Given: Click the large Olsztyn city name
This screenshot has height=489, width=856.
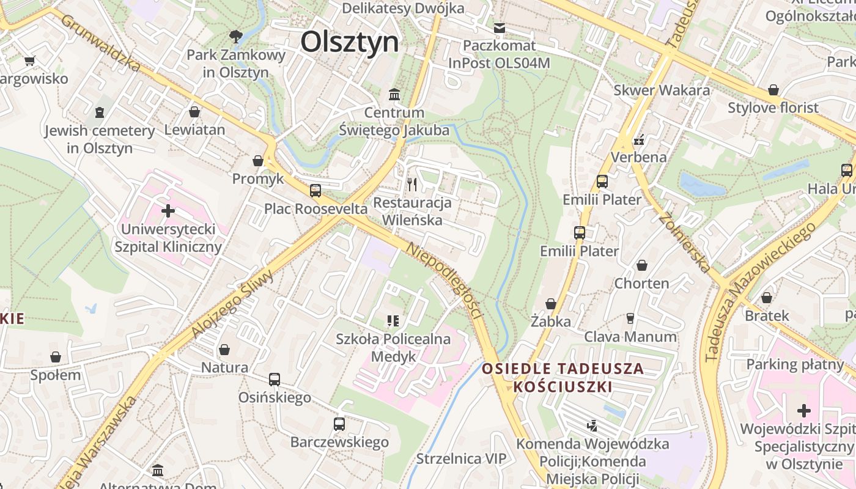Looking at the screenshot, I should (x=350, y=42).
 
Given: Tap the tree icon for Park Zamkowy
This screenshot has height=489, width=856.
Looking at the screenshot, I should (x=235, y=36).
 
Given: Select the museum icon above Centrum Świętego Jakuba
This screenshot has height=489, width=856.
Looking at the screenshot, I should (x=394, y=95).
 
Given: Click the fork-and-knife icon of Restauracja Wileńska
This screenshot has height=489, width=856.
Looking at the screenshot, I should (x=412, y=184).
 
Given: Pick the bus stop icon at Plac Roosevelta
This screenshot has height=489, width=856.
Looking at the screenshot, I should (x=315, y=190).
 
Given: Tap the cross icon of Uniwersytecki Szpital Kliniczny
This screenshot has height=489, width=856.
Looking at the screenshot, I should (x=168, y=211).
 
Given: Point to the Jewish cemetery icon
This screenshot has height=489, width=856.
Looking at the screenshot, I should (x=99, y=112).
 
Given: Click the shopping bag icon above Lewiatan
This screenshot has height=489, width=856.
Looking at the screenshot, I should (x=194, y=112).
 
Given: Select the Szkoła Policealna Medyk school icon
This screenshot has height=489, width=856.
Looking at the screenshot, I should (x=393, y=320).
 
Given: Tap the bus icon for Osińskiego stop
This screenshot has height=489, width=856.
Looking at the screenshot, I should (x=275, y=380).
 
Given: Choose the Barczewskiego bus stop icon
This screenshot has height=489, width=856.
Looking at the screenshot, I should (x=339, y=424).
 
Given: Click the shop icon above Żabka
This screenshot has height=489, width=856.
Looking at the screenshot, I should (x=551, y=304).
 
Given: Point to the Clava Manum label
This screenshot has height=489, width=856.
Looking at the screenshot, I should (x=630, y=337).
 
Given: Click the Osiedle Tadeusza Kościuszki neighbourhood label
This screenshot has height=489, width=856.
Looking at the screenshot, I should (x=563, y=378).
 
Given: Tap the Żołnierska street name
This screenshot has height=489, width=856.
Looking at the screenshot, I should (x=685, y=241).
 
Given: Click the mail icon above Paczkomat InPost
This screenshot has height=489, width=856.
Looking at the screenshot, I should (x=500, y=28).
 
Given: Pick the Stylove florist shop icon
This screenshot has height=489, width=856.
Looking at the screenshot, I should (x=773, y=90).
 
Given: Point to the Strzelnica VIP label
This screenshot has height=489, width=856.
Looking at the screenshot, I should (x=461, y=458).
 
